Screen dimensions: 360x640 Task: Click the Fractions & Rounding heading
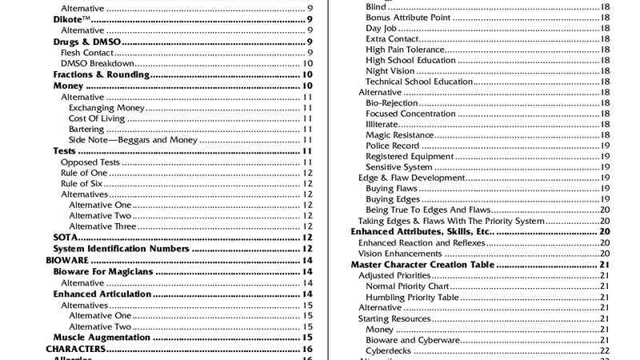[102, 74]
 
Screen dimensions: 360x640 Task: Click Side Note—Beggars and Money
[134, 140]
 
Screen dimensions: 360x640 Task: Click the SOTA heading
[65, 238]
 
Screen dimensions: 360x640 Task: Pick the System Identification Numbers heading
[121, 249]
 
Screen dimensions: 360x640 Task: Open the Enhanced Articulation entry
[103, 294]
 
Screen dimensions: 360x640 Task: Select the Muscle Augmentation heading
[102, 338]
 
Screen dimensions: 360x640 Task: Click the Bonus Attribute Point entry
[411, 17]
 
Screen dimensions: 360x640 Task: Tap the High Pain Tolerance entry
[406, 50]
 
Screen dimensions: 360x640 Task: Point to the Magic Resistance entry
[400, 135]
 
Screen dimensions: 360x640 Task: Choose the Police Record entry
[393, 146]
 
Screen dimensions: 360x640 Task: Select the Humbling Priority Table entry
[412, 297]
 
